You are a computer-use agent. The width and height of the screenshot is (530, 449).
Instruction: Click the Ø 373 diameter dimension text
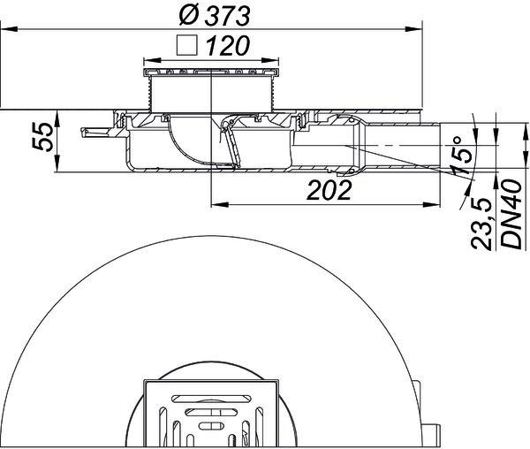pyautogui.click(x=215, y=16)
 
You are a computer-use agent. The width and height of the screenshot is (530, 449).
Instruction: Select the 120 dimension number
pyautogui.click(x=228, y=46)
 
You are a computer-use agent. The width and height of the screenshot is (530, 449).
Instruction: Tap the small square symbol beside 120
pyautogui.click(x=186, y=45)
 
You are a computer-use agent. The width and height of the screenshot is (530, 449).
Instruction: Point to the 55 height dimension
pyautogui.click(x=42, y=136)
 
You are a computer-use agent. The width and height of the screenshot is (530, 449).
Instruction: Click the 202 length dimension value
pyautogui.click(x=329, y=190)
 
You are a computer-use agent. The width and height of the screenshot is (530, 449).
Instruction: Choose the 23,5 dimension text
pyautogui.click(x=481, y=224)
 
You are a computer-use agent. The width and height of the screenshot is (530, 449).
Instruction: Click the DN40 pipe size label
pyautogui.click(x=511, y=215)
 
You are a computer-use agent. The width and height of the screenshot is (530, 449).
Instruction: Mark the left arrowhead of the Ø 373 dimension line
pyautogui.click(x=9, y=30)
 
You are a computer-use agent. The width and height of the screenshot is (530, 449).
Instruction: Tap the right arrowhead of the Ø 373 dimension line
pyautogui.click(x=414, y=30)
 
